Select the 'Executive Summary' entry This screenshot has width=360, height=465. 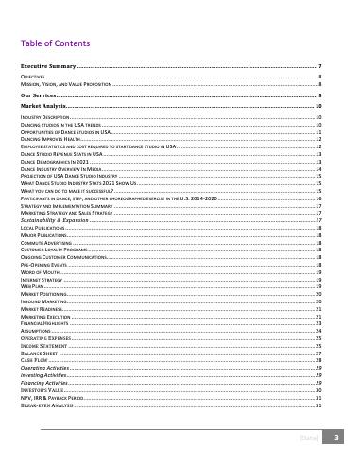48,67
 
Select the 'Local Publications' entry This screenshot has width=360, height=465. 42,229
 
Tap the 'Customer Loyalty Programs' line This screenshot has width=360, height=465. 53,249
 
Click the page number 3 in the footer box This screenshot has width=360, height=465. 335,439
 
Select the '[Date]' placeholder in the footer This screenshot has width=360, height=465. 308,439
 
